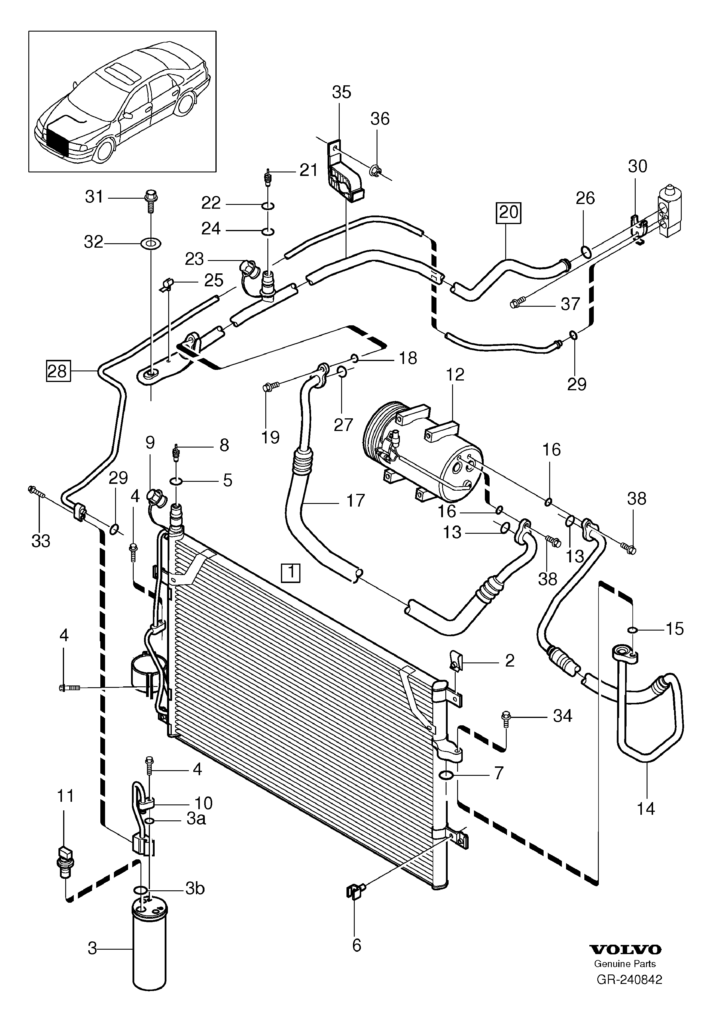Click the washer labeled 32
click(151, 244)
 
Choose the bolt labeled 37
click(518, 303)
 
